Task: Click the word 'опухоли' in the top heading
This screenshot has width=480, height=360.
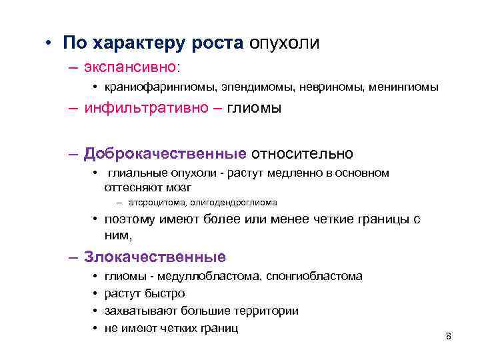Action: coord(285,43)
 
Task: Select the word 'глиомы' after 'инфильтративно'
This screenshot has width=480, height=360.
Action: coord(255,108)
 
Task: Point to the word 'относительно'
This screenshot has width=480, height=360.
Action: coord(301,154)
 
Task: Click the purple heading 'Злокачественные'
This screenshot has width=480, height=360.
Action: coord(155,257)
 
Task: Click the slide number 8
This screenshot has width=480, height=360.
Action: coord(448,335)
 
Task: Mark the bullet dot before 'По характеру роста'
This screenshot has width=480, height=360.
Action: coord(49,44)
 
